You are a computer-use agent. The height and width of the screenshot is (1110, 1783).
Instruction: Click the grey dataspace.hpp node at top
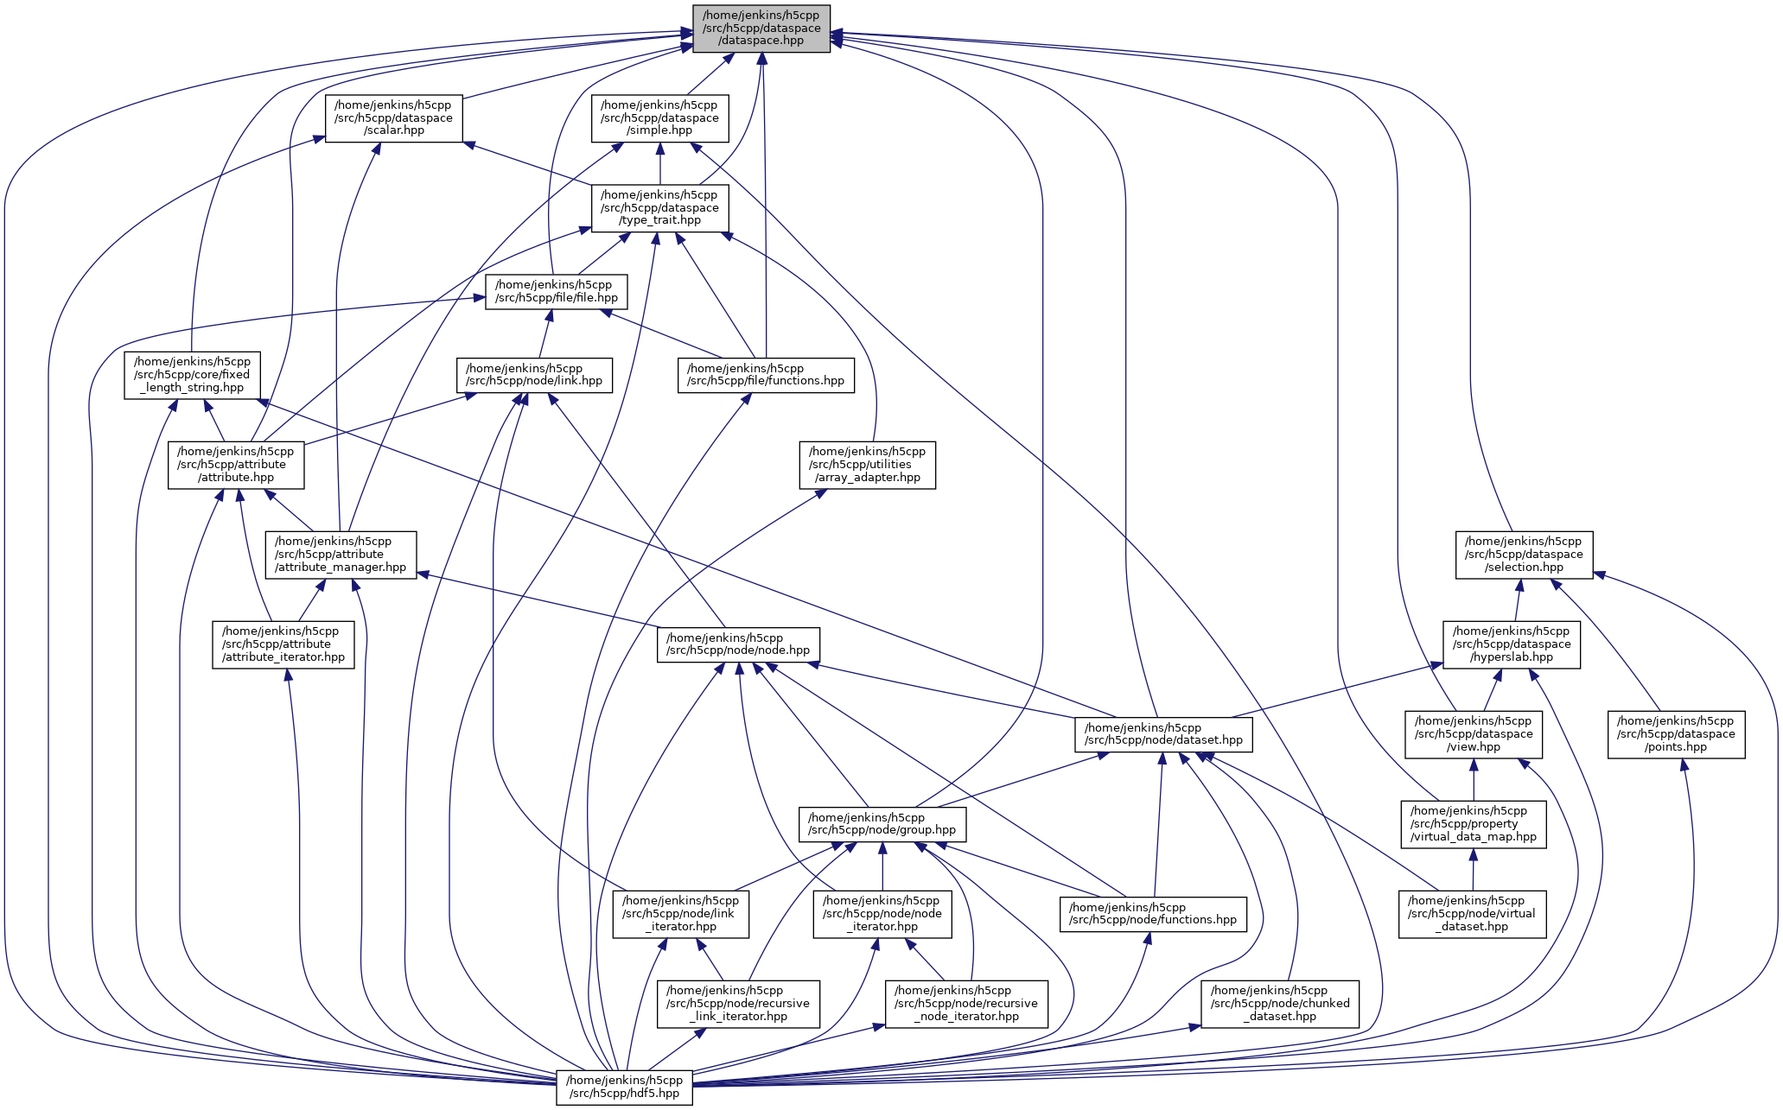click(761, 29)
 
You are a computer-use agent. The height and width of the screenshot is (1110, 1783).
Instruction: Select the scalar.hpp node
click(393, 118)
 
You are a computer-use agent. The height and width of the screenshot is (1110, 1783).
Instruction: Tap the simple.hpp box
click(659, 118)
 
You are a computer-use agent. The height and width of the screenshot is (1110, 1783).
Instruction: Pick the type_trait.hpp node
click(659, 208)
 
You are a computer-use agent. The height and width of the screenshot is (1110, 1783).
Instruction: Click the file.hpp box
click(556, 292)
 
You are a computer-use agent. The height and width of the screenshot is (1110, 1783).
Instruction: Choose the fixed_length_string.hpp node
click(192, 375)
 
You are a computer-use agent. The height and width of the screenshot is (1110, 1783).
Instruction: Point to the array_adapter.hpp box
click(868, 465)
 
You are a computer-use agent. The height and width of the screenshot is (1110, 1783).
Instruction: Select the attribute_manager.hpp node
click(341, 555)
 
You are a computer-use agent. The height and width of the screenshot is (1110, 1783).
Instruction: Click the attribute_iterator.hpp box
click(283, 644)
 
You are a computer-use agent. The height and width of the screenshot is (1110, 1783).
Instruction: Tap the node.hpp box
click(737, 644)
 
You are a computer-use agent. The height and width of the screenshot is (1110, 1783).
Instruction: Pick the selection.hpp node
click(1524, 555)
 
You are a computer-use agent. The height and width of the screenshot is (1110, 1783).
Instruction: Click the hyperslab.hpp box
click(1512, 644)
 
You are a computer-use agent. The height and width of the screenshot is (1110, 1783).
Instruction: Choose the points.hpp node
click(1676, 734)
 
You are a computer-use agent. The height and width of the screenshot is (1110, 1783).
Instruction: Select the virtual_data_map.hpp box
click(1474, 824)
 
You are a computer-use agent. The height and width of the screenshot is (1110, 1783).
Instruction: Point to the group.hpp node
click(882, 824)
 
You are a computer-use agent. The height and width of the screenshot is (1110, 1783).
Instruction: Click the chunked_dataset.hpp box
click(1280, 1004)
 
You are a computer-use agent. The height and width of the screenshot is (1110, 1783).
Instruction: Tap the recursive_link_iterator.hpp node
click(738, 1004)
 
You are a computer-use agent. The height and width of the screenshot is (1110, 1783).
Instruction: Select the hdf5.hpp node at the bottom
click(625, 1087)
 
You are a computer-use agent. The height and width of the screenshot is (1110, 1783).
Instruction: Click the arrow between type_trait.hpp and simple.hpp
click(659, 163)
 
